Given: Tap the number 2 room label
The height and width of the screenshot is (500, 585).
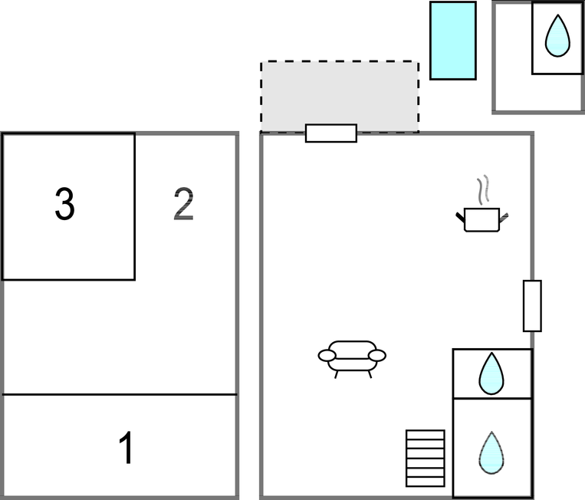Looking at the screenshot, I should pos(184,204).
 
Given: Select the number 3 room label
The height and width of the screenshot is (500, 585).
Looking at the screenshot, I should pos(65,205).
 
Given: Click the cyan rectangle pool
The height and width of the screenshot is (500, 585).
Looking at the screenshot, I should pos(452,40).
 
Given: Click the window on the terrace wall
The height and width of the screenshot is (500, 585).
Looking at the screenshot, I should pos(331,133).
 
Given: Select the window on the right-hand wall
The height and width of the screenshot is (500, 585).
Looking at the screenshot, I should pos(532,306).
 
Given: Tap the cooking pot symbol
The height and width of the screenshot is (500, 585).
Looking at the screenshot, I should pos(482,219).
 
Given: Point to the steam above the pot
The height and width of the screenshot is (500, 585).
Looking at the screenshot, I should pos(481,190).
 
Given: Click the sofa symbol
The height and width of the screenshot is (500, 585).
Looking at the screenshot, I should pos(352,354).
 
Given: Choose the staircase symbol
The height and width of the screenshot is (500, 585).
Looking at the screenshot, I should pos(426,457).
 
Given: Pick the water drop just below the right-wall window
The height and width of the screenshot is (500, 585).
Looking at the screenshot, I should pos(491,373).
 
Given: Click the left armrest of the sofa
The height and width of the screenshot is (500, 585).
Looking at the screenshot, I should pos(327,355).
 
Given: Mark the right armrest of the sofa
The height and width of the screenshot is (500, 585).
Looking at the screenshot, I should pos(376,355).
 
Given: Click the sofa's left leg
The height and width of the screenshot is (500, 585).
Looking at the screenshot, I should pos(337,373).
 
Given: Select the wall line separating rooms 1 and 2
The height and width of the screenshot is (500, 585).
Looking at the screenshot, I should pos(120,394).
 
